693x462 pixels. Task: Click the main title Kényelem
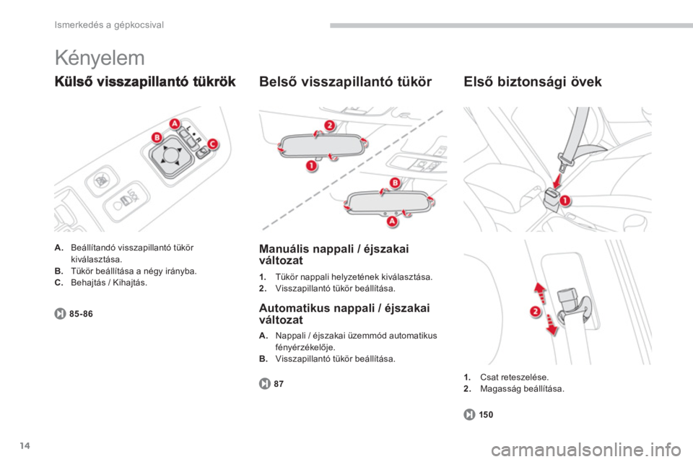[100, 58]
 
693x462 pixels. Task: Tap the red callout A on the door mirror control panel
[175, 123]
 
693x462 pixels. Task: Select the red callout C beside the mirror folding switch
[212, 144]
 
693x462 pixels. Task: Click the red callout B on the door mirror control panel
[157, 137]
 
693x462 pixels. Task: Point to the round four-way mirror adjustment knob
[170, 155]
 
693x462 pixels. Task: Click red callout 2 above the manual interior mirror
[330, 125]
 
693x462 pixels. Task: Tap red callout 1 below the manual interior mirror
[312, 166]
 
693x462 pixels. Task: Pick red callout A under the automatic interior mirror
[393, 221]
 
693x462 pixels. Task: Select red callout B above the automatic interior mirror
[395, 183]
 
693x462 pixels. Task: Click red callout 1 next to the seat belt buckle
[565, 201]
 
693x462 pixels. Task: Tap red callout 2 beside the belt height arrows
[535, 311]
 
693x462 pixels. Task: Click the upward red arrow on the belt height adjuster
[540, 292]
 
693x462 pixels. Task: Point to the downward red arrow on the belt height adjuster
[552, 325]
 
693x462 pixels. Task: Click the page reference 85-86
[81, 314]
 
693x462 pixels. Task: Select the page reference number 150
[486, 414]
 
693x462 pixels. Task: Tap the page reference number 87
[279, 384]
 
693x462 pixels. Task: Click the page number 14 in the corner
[25, 445]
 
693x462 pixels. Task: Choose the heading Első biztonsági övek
[533, 82]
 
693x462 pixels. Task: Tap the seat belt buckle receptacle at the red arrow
[550, 197]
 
